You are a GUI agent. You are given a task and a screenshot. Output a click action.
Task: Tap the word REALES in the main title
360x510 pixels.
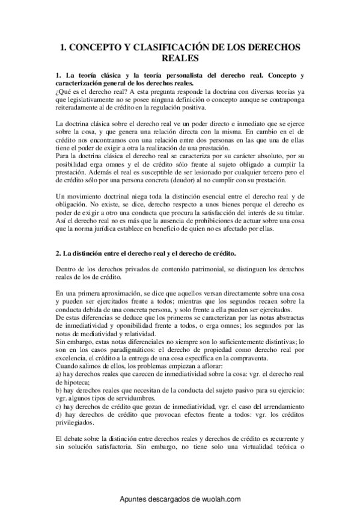click(180, 58)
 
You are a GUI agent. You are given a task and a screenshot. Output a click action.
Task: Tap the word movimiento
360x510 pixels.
click(84, 197)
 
